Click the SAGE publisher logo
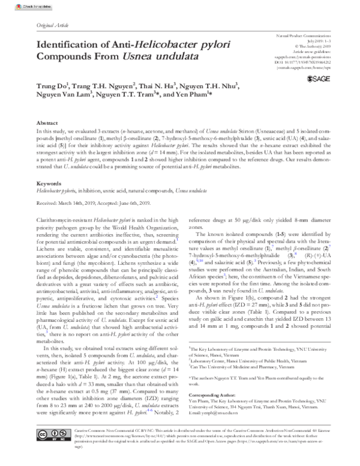tap(317, 78)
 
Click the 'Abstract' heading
tap(47, 121)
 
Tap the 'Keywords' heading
tap(49, 182)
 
